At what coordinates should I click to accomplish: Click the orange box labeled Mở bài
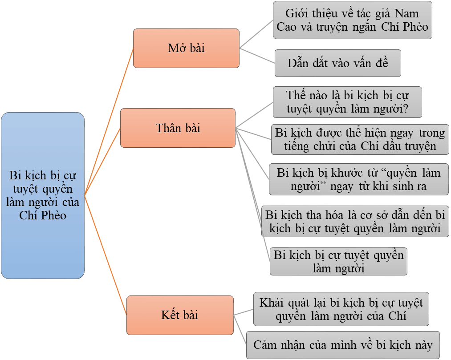pos(186,48)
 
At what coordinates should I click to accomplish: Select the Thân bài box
pos(178,128)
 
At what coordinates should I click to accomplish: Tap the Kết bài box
pos(179,315)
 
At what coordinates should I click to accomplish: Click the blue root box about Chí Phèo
pos(43,195)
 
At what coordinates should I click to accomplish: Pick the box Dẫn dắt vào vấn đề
pos(338,63)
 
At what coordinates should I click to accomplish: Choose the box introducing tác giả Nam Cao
pos(352,20)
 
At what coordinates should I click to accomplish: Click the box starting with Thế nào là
pos(347,102)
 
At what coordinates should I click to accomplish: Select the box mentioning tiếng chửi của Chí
pos(360,139)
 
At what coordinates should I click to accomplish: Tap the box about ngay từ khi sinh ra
pos(358,179)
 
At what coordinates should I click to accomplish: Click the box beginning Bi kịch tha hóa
pos(355,221)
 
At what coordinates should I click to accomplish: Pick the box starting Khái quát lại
pos(341,309)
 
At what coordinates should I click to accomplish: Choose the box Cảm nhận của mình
pos(343,344)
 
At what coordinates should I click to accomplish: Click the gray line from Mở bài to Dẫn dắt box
pos(257,55)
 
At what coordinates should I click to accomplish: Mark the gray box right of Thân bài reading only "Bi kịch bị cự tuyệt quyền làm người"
pos(338,262)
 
